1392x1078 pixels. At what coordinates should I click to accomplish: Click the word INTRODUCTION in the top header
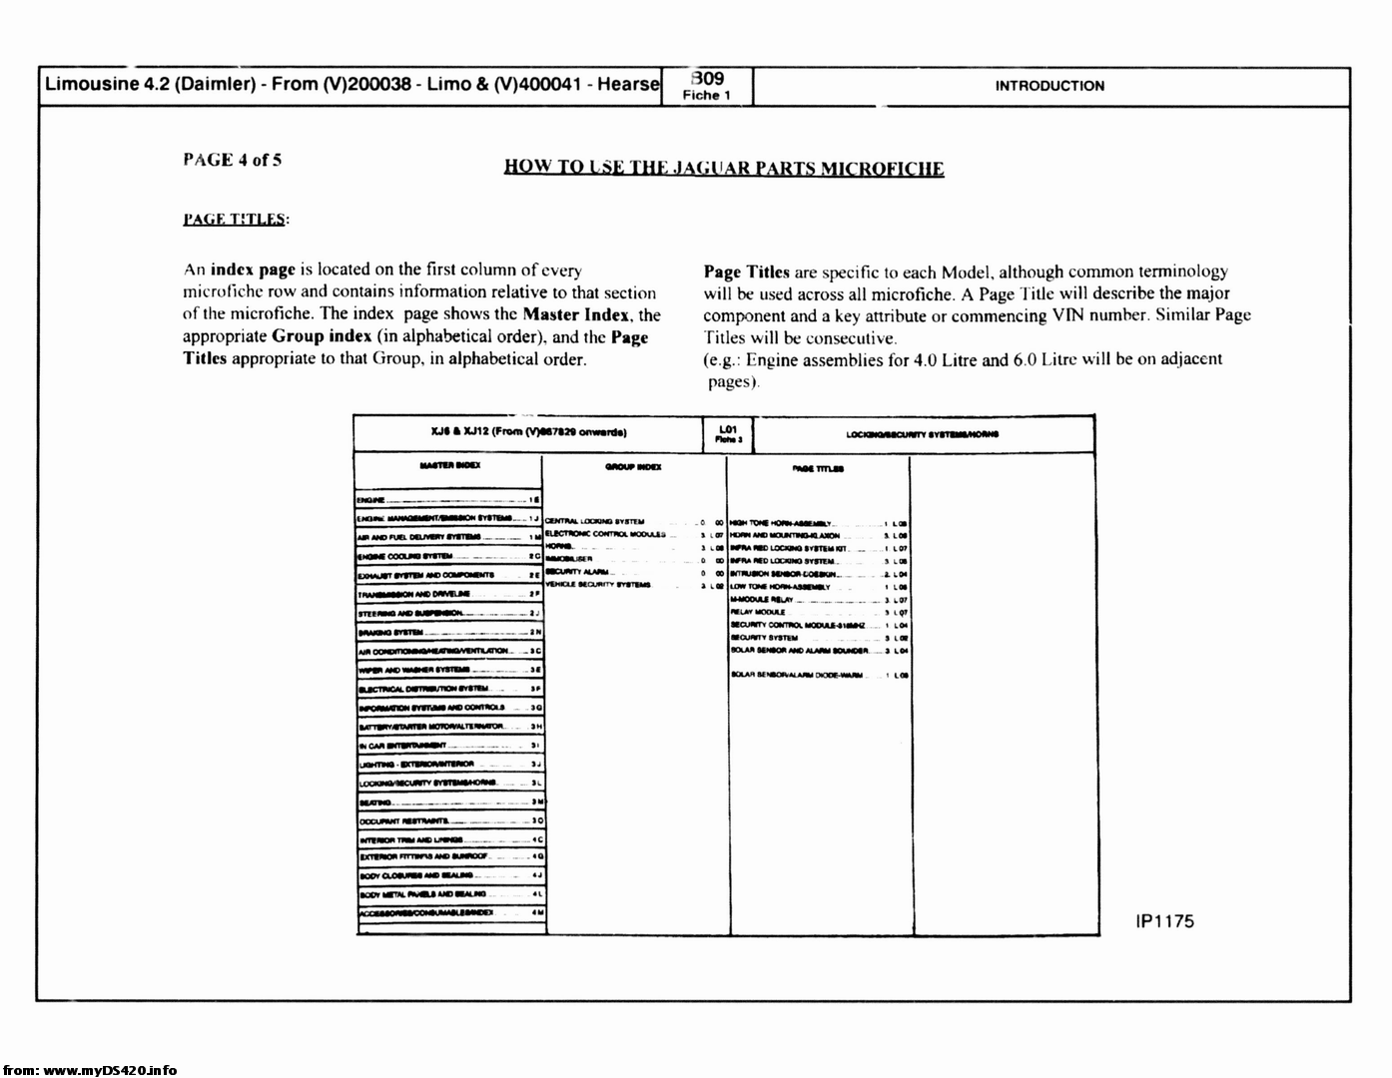click(x=1049, y=86)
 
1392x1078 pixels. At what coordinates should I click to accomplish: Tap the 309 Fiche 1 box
click(x=707, y=86)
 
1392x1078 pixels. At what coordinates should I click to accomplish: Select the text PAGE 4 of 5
click(x=233, y=160)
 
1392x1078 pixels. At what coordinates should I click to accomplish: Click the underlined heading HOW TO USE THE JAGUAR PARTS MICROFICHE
click(x=724, y=168)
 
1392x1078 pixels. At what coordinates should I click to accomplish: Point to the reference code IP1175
click(x=1164, y=921)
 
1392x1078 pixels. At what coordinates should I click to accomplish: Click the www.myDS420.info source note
click(x=90, y=1070)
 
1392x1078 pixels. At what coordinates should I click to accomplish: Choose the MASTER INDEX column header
click(x=449, y=465)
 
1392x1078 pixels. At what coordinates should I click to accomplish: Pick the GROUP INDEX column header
click(x=633, y=466)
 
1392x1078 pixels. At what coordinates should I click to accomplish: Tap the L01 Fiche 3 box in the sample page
click(x=727, y=433)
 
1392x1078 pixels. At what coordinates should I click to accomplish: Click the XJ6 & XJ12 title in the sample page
click(x=528, y=432)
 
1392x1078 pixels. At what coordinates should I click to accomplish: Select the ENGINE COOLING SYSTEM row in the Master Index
click(x=405, y=556)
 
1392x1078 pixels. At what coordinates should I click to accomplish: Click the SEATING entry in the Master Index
click(x=373, y=802)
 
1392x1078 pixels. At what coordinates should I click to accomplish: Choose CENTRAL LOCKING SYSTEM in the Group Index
click(x=595, y=521)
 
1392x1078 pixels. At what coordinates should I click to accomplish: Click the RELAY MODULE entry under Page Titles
click(x=758, y=612)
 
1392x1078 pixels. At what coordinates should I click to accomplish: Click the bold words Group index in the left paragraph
click(x=321, y=336)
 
